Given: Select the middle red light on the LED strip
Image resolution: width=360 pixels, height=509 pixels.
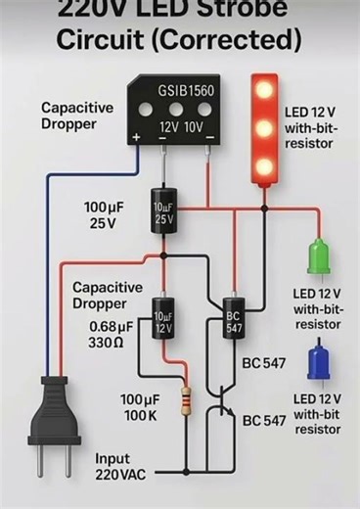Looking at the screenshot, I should click(264, 127).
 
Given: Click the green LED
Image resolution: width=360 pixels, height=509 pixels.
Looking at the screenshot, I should click(318, 257).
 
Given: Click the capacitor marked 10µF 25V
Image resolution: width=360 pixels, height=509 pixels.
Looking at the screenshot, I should click(163, 215).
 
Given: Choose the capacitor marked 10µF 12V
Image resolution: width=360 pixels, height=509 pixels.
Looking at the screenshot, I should click(163, 323).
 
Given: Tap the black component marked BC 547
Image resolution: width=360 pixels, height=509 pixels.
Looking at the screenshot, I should click(233, 322).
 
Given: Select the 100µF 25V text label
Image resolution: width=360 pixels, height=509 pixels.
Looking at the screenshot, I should click(101, 215).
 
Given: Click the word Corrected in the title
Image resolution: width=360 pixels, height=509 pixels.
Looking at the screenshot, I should click(228, 40).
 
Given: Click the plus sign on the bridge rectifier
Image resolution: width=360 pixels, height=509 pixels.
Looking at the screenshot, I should click(135, 139).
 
